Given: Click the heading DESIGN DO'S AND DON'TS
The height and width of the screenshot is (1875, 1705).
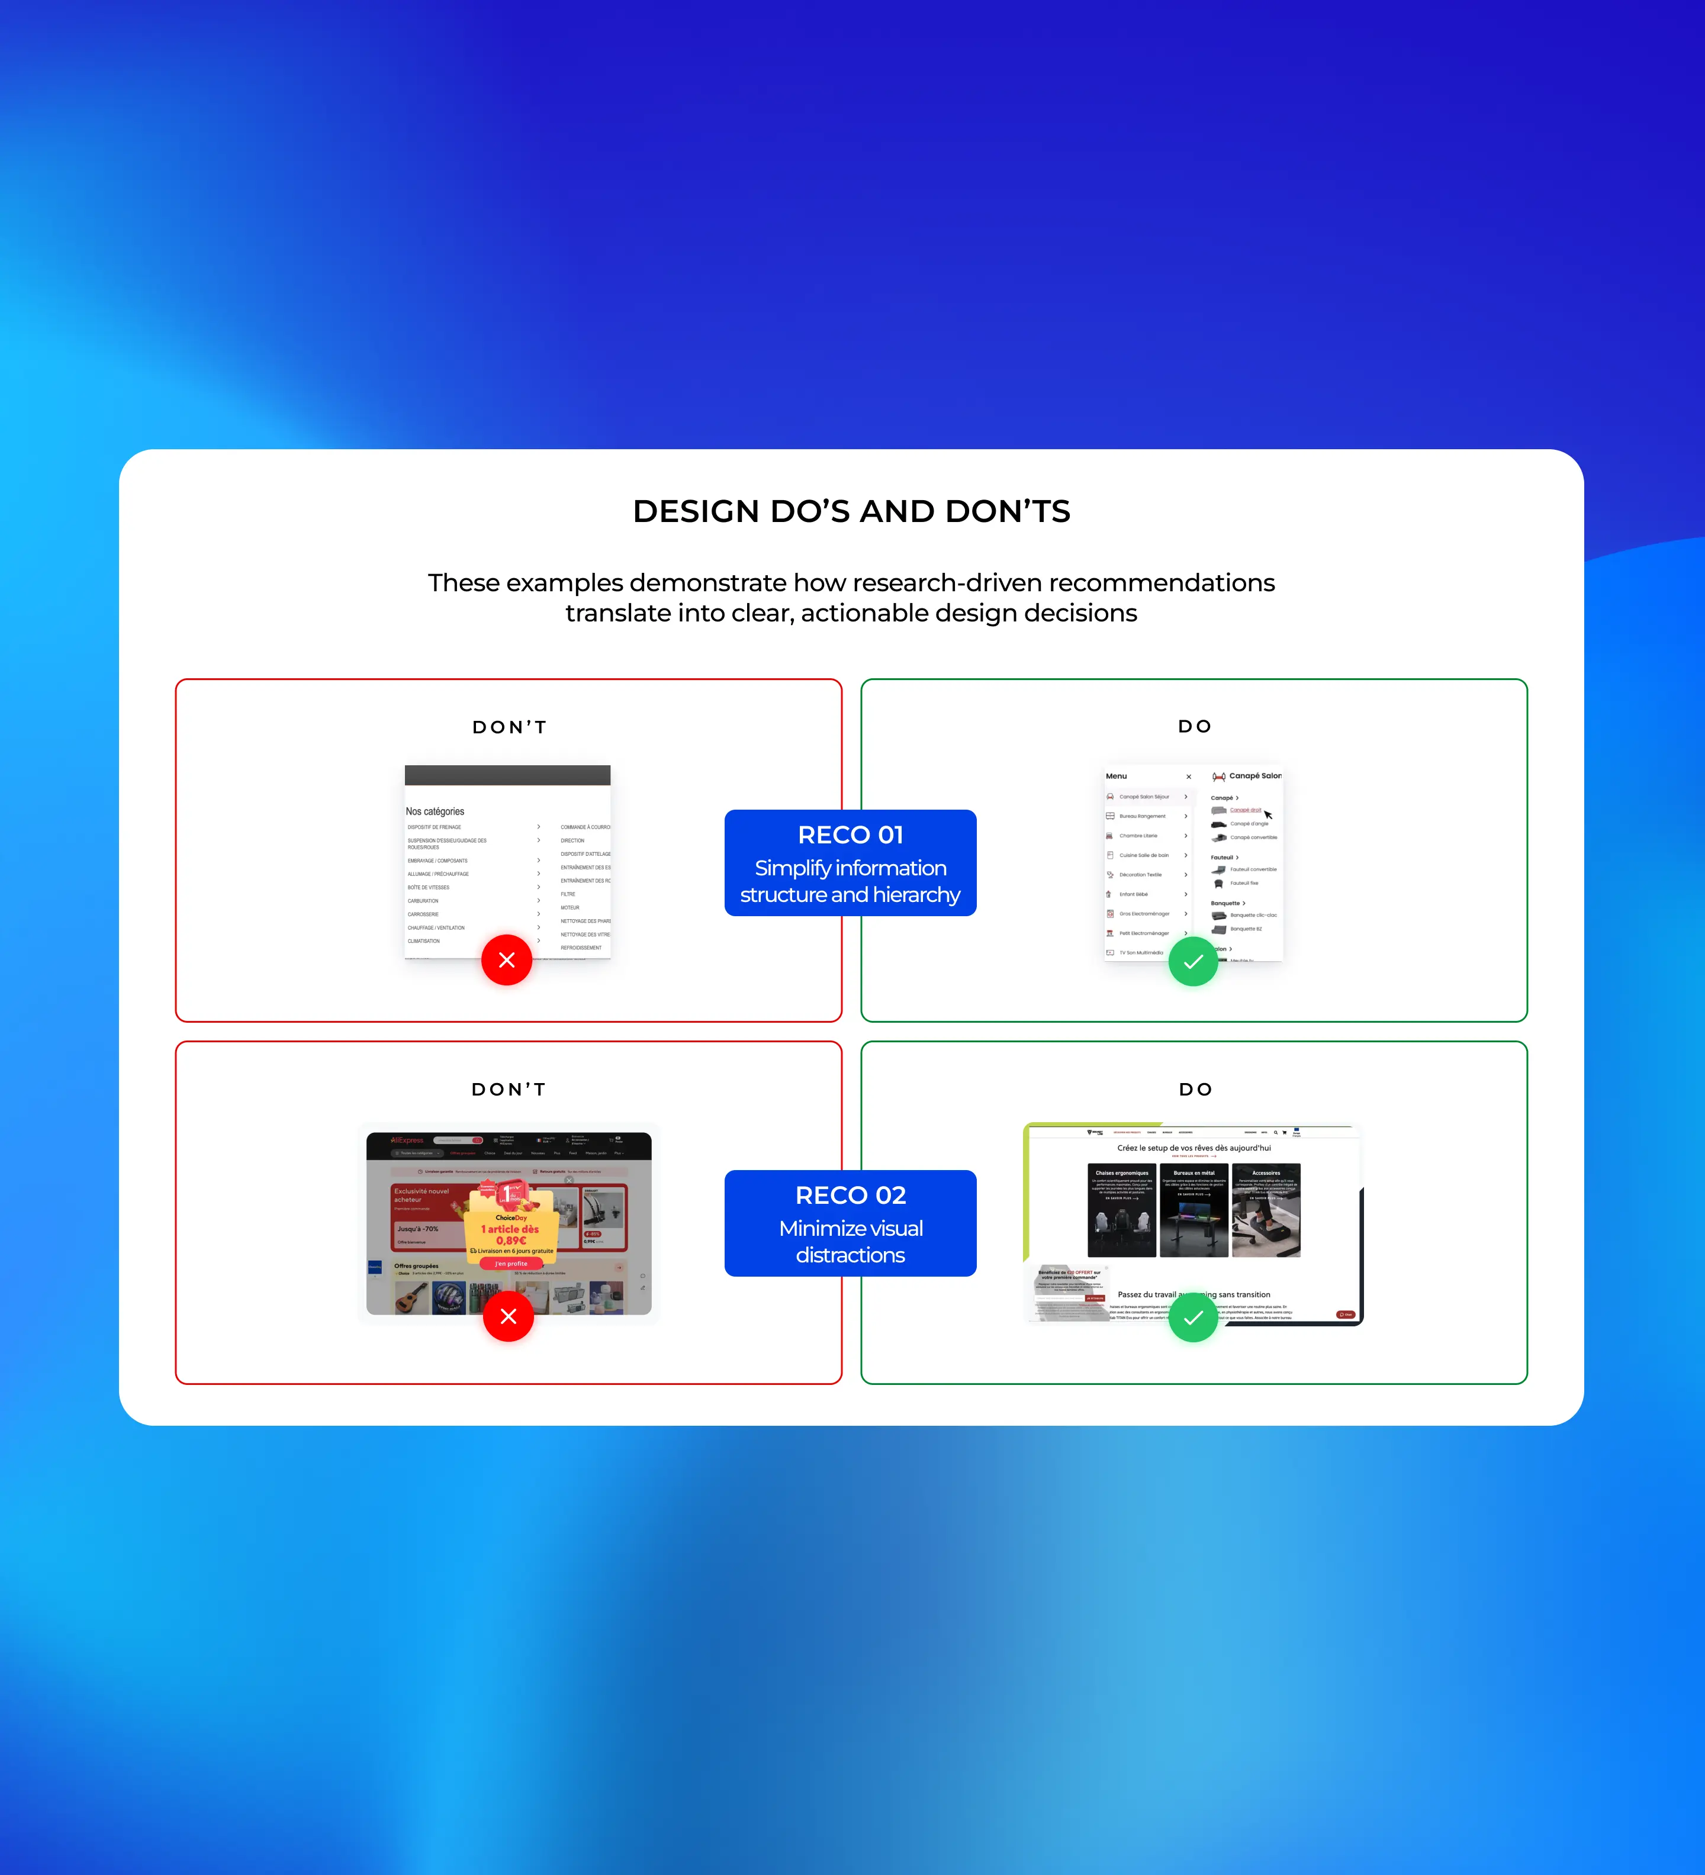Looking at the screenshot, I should coord(851,511).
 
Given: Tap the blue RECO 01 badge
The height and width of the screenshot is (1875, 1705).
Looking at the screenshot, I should coord(850,862).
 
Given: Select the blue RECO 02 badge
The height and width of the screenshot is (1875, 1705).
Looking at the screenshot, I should coord(850,1222).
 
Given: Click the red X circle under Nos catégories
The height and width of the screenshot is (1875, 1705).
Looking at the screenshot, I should coord(507,960).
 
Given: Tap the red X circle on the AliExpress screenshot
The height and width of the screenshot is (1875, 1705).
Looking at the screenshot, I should coord(508,1316).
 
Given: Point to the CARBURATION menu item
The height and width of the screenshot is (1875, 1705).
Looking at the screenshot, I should coord(423,900).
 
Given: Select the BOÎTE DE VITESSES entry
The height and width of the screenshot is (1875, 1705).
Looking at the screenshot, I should coord(428,887).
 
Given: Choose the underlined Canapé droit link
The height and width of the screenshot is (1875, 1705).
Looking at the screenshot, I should coord(1246,810).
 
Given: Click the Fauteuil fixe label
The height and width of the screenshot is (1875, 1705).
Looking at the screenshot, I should coord(1244,882).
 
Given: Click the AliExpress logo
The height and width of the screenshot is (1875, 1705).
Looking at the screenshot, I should coord(407,1141).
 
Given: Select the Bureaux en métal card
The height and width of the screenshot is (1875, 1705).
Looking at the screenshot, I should coord(1193,1209).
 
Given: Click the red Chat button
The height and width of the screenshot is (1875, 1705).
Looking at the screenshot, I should coord(1345,1314).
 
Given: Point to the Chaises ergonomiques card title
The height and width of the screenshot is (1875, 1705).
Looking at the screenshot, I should coord(1122,1173).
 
